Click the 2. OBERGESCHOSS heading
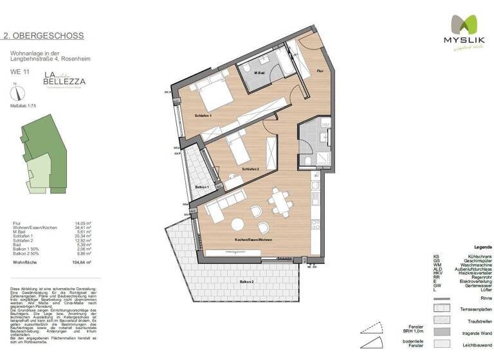pyautogui.click(x=44, y=36)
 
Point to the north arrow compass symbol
pyautogui.click(x=15, y=92)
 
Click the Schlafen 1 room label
pyautogui.click(x=203, y=116)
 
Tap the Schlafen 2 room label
pyautogui.click(x=250, y=168)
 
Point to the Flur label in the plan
pyautogui.click(x=320, y=72)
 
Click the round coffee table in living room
pyautogui.click(x=237, y=224)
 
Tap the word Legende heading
pyautogui.click(x=482, y=248)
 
